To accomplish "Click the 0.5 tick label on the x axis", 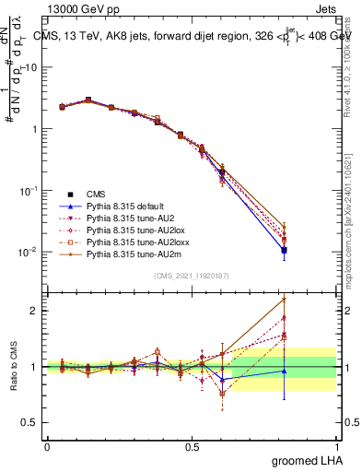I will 191,445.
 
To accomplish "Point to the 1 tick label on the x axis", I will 336,445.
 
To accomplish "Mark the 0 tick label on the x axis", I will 47,445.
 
